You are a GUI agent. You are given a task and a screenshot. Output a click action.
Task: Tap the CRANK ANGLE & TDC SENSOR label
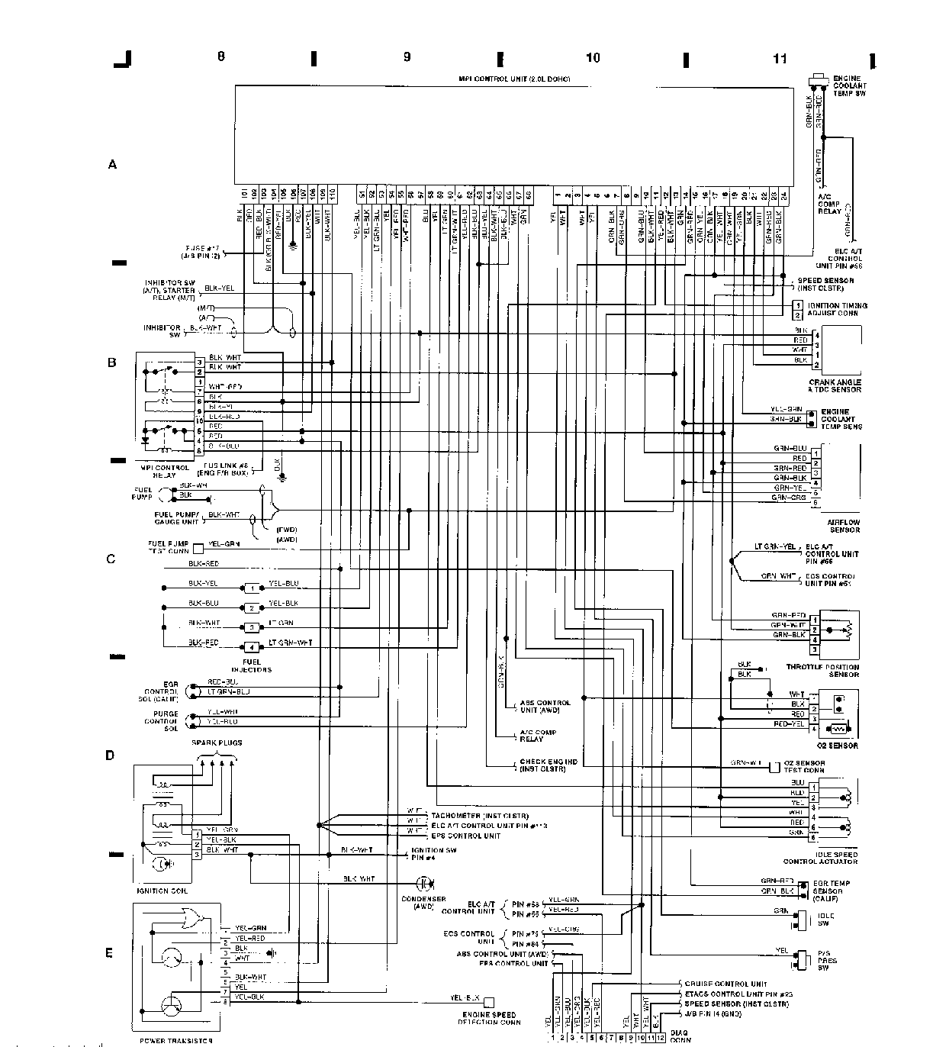tap(835, 386)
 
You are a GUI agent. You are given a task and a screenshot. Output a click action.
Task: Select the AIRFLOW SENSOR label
tap(844, 526)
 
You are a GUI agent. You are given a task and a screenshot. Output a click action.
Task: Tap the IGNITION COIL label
tap(162, 891)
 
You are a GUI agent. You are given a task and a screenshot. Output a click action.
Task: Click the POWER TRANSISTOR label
tap(166, 1039)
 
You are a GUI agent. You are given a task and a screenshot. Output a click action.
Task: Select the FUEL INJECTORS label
tap(256, 665)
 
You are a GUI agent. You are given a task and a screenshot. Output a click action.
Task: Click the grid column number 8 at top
tap(221, 56)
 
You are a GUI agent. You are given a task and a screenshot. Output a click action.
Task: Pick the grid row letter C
tap(111, 559)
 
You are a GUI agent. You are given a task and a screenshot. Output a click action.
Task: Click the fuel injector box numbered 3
tap(251, 627)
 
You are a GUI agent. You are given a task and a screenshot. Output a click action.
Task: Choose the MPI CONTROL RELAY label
tap(165, 471)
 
